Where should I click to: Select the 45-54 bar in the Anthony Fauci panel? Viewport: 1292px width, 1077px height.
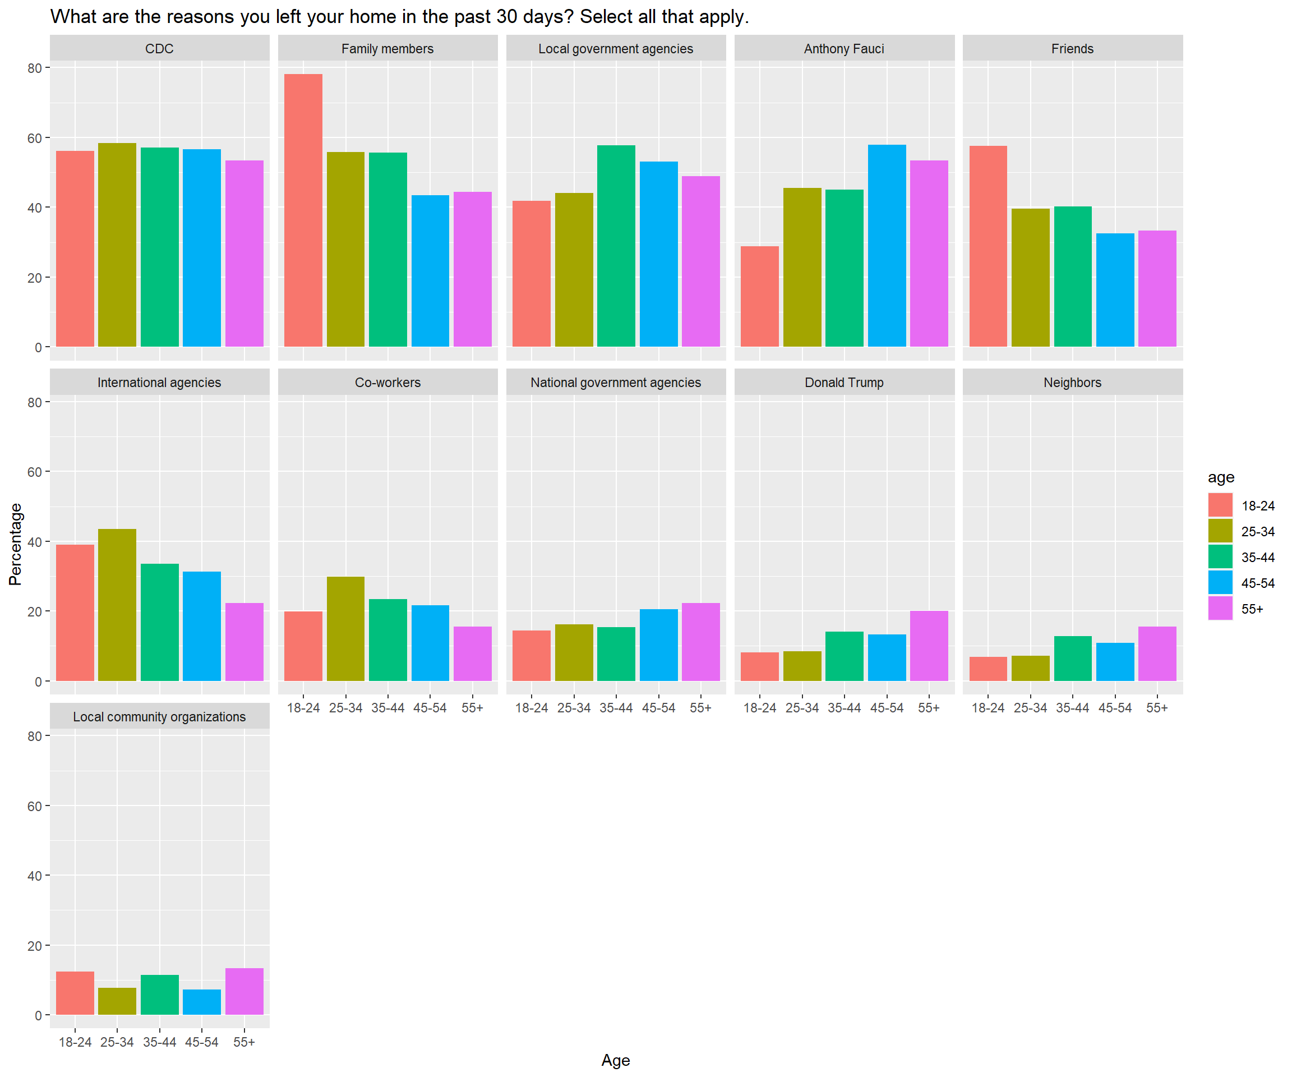point(887,246)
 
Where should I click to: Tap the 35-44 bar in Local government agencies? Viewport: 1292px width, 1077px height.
point(616,246)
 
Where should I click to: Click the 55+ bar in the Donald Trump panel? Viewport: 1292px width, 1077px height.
point(929,646)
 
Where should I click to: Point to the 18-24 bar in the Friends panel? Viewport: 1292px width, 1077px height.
point(988,246)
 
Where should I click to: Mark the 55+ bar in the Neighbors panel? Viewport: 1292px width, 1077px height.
point(1157,653)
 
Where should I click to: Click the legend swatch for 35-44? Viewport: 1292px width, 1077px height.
point(1220,556)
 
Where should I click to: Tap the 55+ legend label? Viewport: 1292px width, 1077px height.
point(1252,609)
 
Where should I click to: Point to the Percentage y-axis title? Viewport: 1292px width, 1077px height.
point(15,544)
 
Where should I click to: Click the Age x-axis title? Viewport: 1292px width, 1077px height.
point(615,1060)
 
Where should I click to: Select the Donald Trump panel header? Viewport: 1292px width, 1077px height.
point(843,382)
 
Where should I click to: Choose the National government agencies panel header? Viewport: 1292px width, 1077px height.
point(615,382)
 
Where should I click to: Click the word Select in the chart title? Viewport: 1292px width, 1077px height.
point(606,17)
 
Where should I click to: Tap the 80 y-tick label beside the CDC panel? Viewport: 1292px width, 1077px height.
point(34,68)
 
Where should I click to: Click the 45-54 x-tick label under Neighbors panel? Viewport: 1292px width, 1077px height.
point(1115,708)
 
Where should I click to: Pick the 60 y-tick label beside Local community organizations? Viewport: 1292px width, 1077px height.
point(34,806)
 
